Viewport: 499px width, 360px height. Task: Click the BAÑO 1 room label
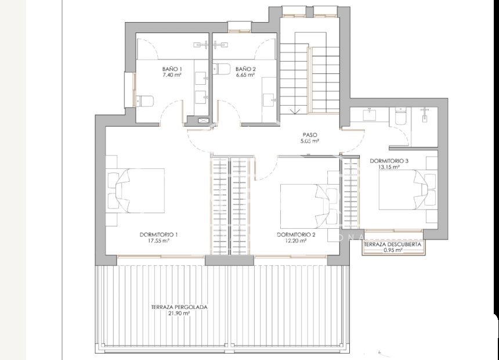point(172,69)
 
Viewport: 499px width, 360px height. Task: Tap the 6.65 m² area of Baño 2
point(245,75)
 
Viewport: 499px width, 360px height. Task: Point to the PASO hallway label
point(310,135)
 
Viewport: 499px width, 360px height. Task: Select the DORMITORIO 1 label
point(158,235)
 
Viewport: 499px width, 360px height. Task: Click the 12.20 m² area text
point(296,241)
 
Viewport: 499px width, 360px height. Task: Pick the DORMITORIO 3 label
point(389,161)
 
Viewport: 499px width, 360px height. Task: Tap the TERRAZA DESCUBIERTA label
point(392,244)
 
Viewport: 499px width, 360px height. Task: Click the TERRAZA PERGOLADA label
point(179,307)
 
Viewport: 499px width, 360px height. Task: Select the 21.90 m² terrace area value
point(179,313)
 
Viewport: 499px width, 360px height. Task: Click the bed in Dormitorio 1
point(136,190)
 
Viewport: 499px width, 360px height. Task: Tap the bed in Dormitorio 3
point(407,190)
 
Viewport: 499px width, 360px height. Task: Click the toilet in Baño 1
point(145,101)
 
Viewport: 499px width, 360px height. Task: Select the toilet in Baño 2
point(222,69)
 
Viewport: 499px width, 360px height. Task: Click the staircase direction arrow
point(295,111)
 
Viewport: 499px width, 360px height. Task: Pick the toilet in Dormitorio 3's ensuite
point(400,116)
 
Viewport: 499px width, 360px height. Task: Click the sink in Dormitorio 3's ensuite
point(370,114)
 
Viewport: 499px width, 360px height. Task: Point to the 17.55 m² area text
point(158,241)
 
